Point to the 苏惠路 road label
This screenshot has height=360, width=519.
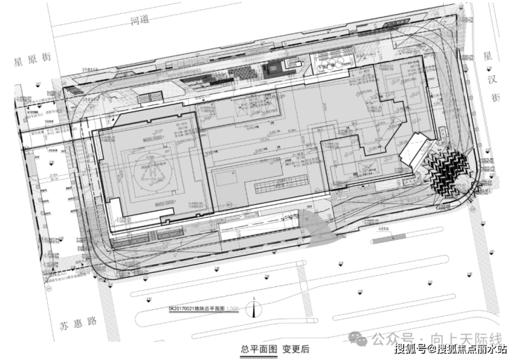[75, 325]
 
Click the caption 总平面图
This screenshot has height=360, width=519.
[255, 349]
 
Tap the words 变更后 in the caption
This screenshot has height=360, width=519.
[296, 349]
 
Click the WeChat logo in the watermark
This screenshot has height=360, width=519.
[360, 338]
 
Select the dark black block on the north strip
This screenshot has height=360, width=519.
[271, 67]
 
